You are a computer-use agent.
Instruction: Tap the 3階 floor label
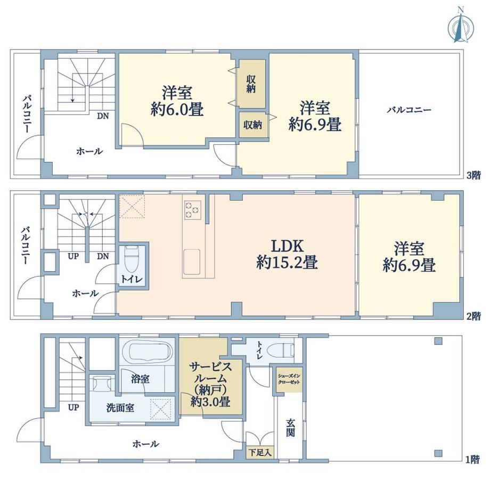[473, 175]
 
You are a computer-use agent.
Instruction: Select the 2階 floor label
[473, 316]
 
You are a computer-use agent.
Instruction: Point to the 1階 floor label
[472, 460]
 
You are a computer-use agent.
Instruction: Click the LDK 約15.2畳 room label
[287, 254]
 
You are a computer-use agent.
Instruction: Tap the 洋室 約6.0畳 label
[177, 101]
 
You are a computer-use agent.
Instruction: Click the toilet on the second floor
[132, 259]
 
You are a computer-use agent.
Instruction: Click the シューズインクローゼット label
[289, 379]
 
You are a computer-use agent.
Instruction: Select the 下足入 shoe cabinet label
[260, 452]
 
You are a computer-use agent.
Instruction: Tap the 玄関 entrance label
[290, 428]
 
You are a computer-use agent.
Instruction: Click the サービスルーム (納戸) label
[211, 384]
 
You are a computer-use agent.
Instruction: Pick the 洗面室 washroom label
[120, 407]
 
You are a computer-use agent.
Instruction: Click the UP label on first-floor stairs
[73, 407]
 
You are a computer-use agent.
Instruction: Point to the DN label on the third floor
[103, 116]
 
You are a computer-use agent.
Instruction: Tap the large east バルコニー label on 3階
[409, 110]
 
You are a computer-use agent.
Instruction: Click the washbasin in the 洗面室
[102, 383]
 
